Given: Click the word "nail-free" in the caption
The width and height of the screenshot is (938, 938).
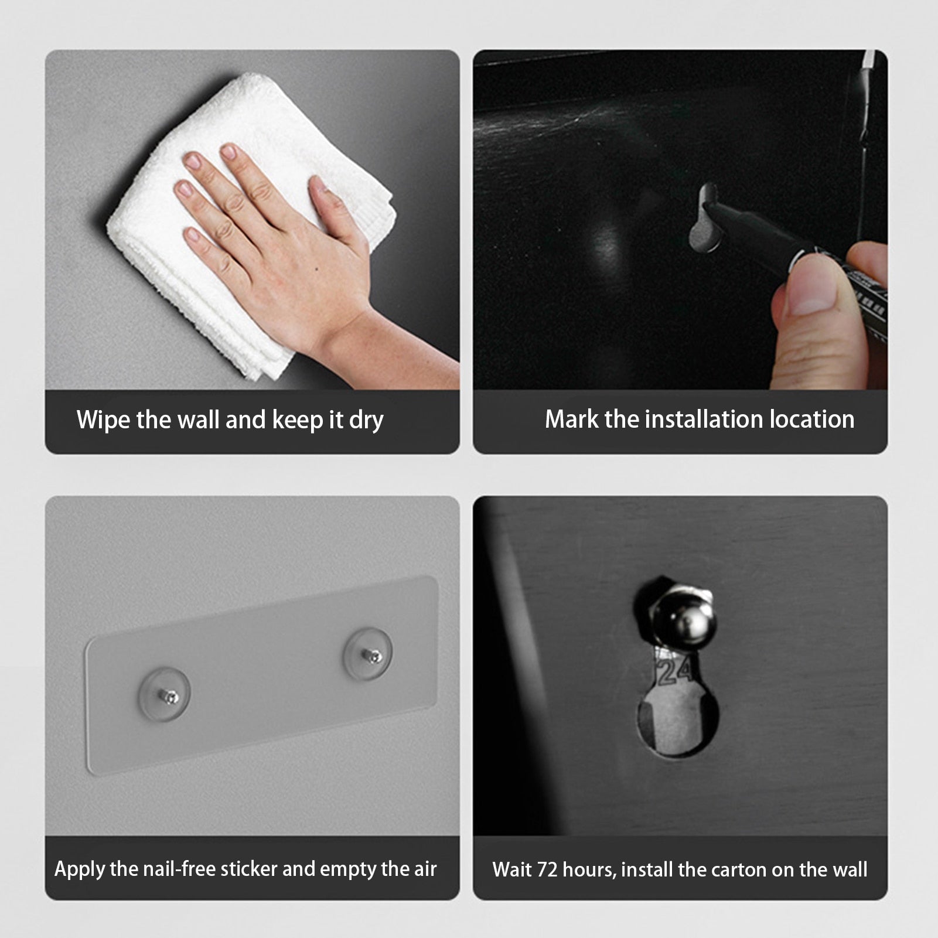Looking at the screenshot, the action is (x=176, y=869).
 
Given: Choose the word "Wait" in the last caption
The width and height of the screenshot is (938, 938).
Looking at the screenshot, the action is (x=511, y=869).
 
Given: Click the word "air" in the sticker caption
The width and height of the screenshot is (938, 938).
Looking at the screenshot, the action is (x=425, y=869).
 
